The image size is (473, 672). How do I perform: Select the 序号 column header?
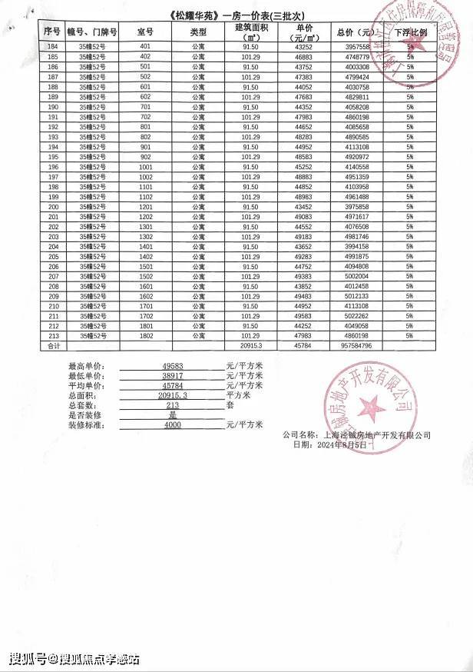(x=53, y=32)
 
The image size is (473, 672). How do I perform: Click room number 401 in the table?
(x=146, y=46)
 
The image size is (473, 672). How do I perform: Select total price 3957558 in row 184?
(x=353, y=46)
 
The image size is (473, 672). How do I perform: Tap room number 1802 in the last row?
(x=146, y=336)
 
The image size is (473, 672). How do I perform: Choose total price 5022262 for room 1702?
(x=353, y=316)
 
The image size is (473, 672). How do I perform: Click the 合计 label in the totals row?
(x=53, y=347)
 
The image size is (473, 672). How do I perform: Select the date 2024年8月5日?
(x=339, y=445)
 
